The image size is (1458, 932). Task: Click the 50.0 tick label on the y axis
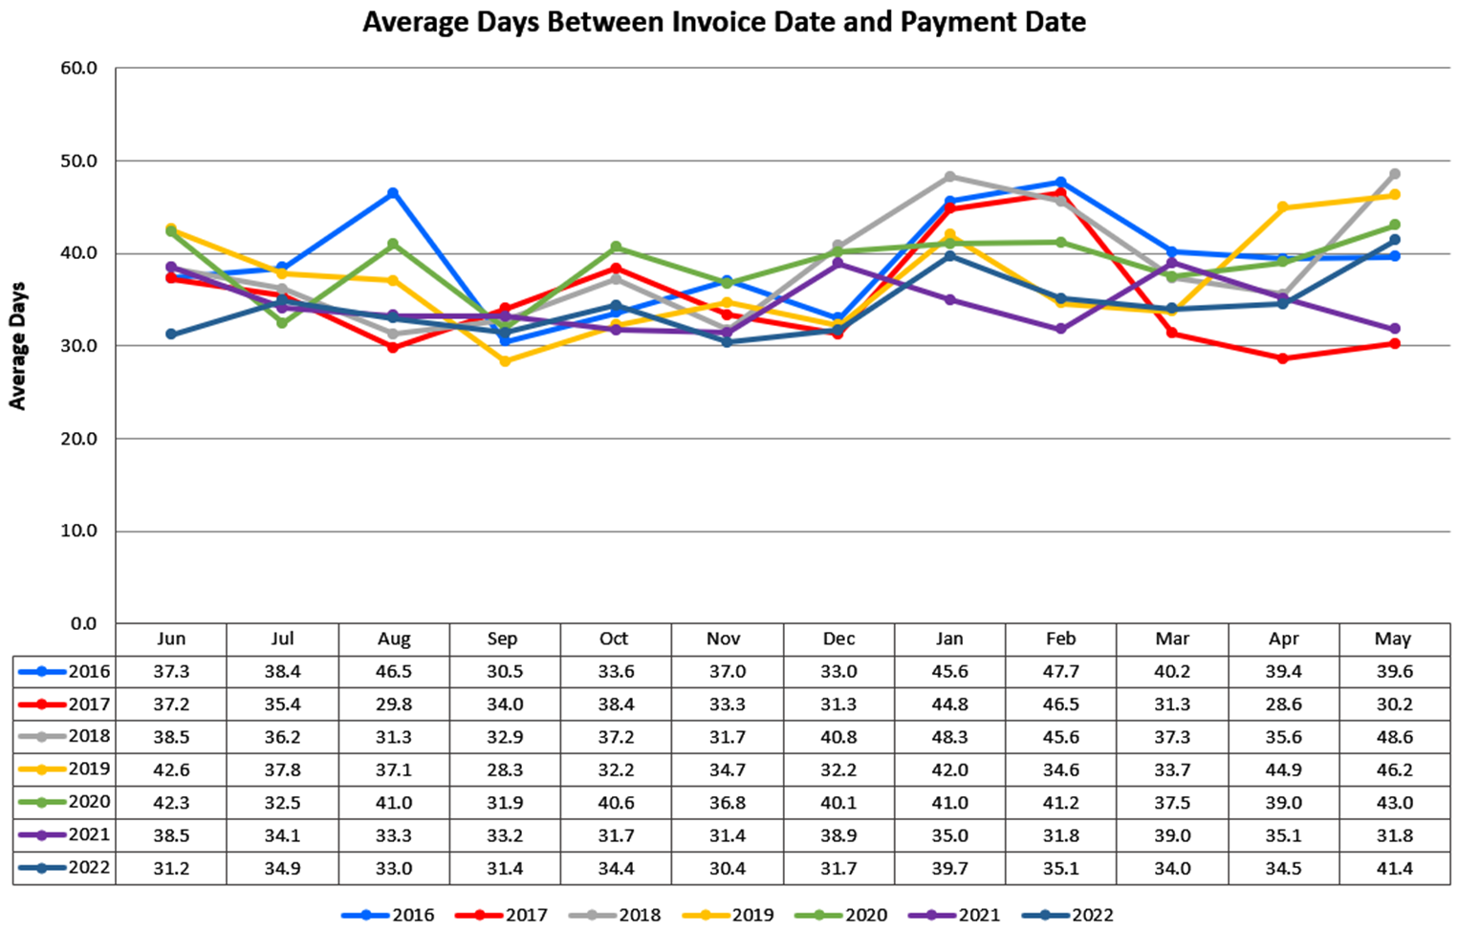pyautogui.click(x=78, y=161)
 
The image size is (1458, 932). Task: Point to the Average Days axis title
pyautogui.click(x=17, y=346)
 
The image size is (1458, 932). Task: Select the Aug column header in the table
pyautogui.click(x=394, y=639)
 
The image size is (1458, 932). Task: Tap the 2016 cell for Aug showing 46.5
pyautogui.click(x=394, y=671)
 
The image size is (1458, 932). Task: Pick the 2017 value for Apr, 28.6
pyautogui.click(x=1283, y=704)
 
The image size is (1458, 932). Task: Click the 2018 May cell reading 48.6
pyautogui.click(x=1394, y=737)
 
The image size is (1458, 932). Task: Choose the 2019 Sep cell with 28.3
pyautogui.click(x=504, y=769)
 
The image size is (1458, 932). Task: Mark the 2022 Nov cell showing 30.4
pyautogui.click(x=727, y=868)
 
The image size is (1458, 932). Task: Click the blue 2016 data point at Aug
pyautogui.click(x=393, y=193)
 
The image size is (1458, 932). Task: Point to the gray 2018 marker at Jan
pyautogui.click(x=949, y=176)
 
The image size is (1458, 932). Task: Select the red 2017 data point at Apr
pyautogui.click(x=1283, y=358)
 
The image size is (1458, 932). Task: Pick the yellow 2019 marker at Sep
pyautogui.click(x=505, y=361)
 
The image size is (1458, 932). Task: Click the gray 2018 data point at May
pyautogui.click(x=1395, y=174)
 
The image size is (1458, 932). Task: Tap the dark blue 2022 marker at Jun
pyautogui.click(x=171, y=335)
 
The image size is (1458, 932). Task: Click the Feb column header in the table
pyautogui.click(x=1060, y=639)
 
